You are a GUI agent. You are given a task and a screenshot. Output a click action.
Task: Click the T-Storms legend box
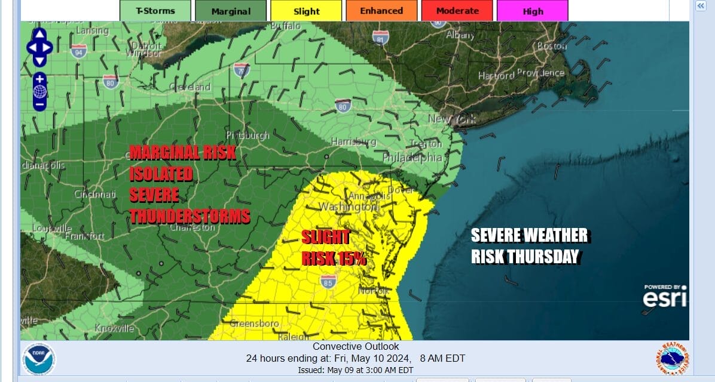(x=155, y=11)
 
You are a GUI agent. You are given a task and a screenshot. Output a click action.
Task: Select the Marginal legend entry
(x=231, y=11)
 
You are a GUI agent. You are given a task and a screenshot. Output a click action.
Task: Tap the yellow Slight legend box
(x=306, y=11)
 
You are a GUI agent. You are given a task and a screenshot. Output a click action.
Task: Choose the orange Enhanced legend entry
(x=381, y=11)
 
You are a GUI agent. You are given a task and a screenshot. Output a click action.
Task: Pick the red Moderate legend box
(x=457, y=11)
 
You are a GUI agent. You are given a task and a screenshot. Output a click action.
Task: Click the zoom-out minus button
(x=39, y=104)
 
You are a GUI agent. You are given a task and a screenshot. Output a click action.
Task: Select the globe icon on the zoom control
(x=39, y=91)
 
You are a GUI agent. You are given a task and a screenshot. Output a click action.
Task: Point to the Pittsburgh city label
(x=248, y=135)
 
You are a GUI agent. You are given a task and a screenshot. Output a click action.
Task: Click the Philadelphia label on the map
(x=412, y=158)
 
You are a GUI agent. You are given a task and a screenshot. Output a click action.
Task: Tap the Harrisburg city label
(x=354, y=141)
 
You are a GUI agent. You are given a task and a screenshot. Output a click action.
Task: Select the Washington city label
(x=348, y=207)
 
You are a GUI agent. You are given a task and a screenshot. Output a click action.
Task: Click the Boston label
(x=551, y=46)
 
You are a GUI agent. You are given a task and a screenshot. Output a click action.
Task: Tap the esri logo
(x=664, y=297)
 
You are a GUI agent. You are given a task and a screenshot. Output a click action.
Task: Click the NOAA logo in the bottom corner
(x=39, y=359)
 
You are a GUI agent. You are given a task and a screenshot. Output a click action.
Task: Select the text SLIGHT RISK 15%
(x=334, y=248)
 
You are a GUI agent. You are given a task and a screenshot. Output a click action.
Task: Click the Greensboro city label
(x=255, y=324)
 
